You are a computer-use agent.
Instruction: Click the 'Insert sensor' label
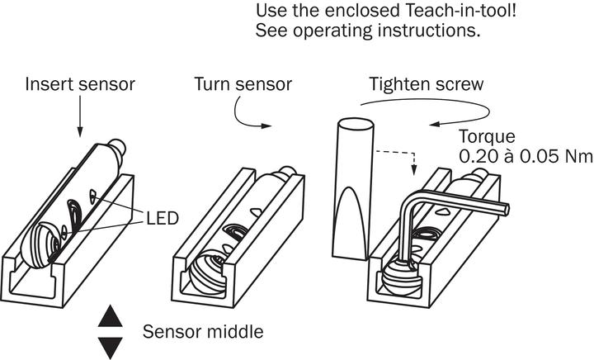(x=79, y=85)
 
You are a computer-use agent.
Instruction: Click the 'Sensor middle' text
(x=203, y=332)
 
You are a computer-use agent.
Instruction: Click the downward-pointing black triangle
(x=110, y=347)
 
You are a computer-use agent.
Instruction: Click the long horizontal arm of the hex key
(x=462, y=204)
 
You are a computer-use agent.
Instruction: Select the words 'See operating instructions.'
(x=369, y=32)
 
